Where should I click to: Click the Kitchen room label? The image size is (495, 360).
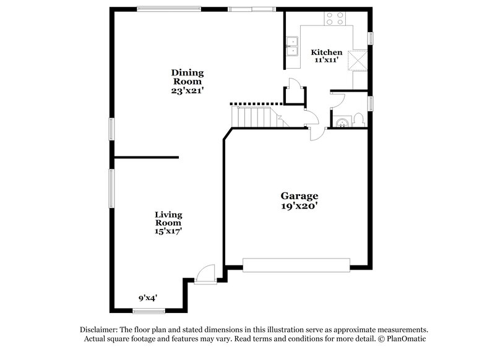326,53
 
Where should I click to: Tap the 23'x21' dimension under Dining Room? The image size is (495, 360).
187,90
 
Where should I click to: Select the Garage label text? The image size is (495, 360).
300,195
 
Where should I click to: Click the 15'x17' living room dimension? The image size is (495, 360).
168,231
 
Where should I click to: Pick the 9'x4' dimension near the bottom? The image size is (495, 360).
148,298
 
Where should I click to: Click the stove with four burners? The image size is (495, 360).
335,19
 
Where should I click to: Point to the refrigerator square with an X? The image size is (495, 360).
357,61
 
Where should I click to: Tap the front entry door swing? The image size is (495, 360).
204,273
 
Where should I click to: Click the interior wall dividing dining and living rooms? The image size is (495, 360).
146,157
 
